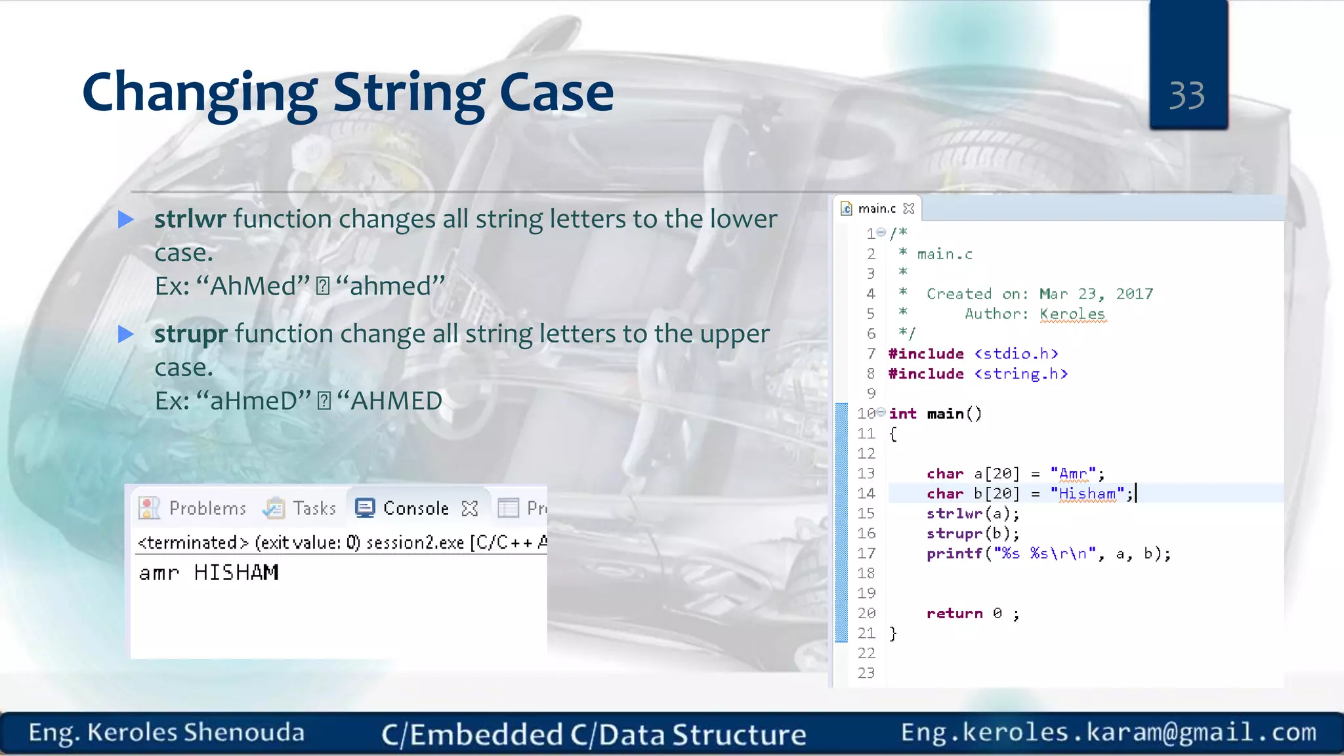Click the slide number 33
(1186, 96)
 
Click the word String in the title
(408, 93)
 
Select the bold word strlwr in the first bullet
(190, 219)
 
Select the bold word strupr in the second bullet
(191, 333)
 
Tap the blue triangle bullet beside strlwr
(125, 219)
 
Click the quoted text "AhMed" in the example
(252, 286)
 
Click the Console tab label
(415, 509)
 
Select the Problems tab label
(207, 509)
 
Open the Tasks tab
(314, 509)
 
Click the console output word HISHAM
(236, 573)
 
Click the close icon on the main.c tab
(909, 209)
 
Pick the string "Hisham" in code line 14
(1087, 493)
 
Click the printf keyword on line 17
(954, 554)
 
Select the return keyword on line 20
(954, 614)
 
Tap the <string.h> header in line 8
(1021, 374)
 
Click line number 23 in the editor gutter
(866, 673)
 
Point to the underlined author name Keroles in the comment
(1072, 314)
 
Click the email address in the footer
(1108, 732)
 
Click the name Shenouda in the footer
(244, 732)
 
